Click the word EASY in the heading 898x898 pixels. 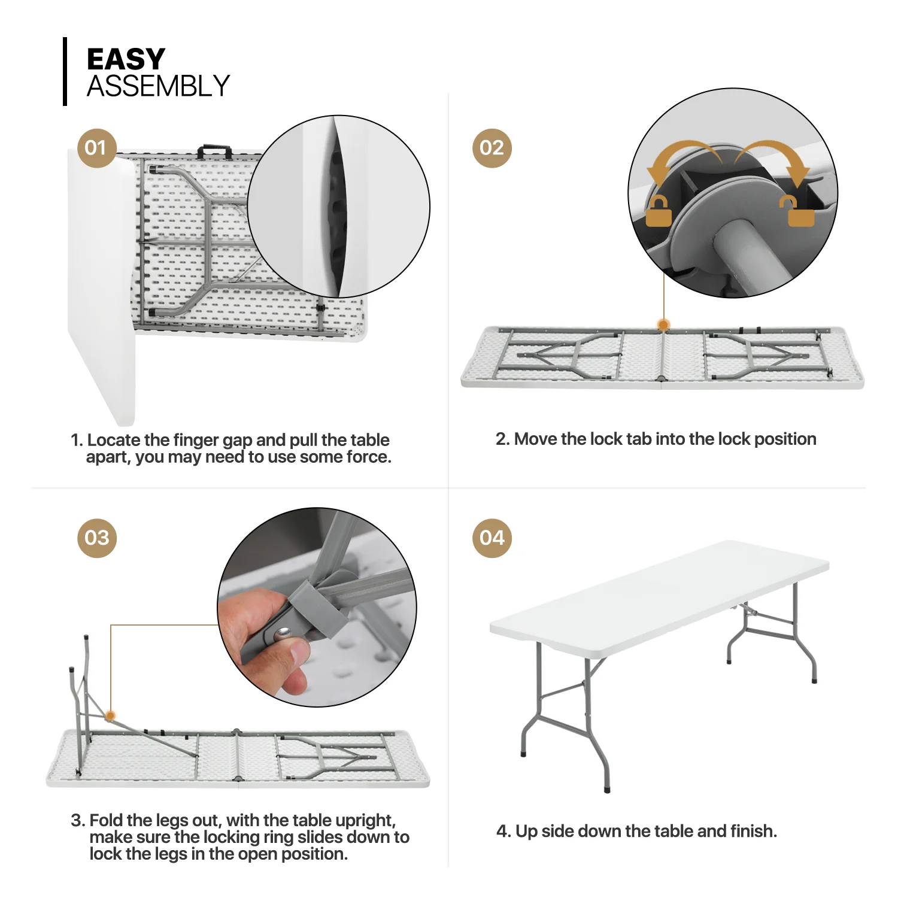(x=126, y=59)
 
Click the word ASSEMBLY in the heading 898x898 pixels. (x=159, y=86)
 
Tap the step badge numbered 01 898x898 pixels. (x=96, y=148)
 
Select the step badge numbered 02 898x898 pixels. (x=492, y=148)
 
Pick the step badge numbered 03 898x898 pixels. (x=97, y=538)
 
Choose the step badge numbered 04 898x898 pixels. (x=492, y=538)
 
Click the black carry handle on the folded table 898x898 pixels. (x=215, y=150)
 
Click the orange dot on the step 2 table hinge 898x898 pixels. (x=663, y=325)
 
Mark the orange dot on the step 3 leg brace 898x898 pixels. (x=110, y=715)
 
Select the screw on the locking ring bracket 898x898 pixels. (x=283, y=632)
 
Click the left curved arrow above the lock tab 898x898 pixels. (x=682, y=159)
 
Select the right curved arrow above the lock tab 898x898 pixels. (x=775, y=159)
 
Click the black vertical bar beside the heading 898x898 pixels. (x=65, y=72)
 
